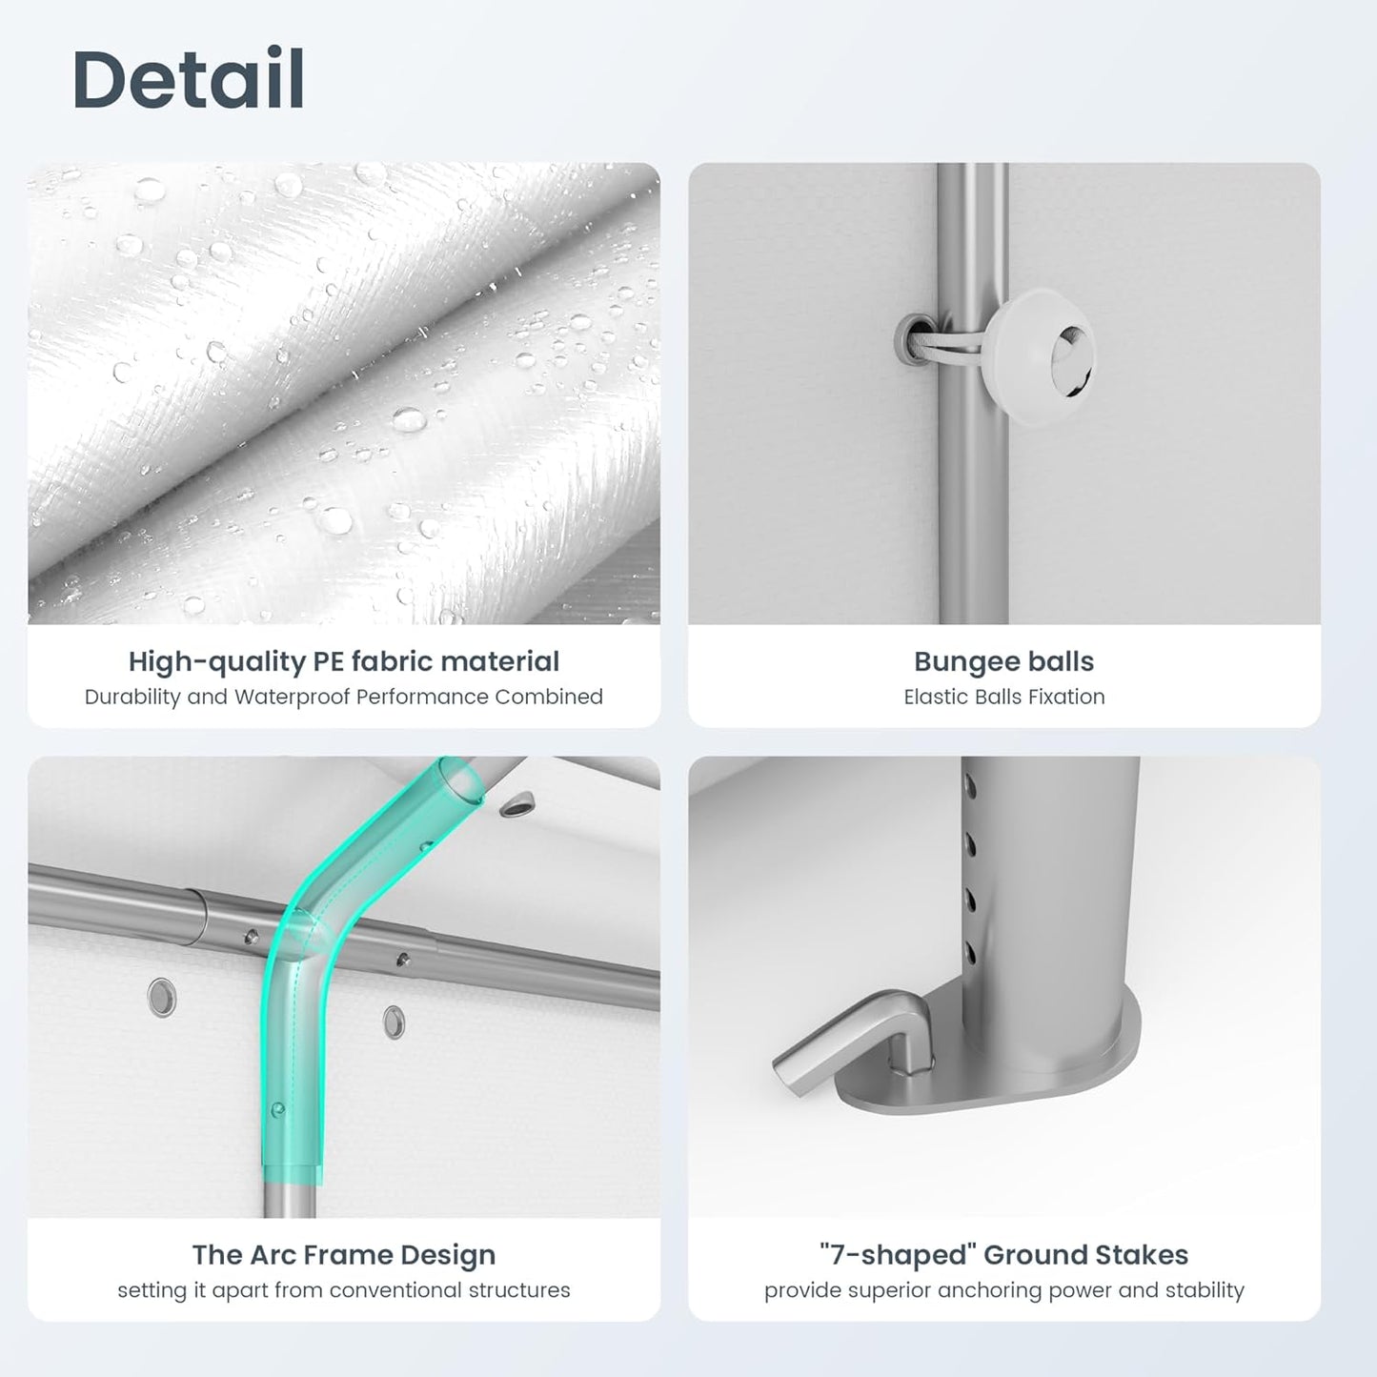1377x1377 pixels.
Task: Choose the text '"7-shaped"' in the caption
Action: [898, 1255]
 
